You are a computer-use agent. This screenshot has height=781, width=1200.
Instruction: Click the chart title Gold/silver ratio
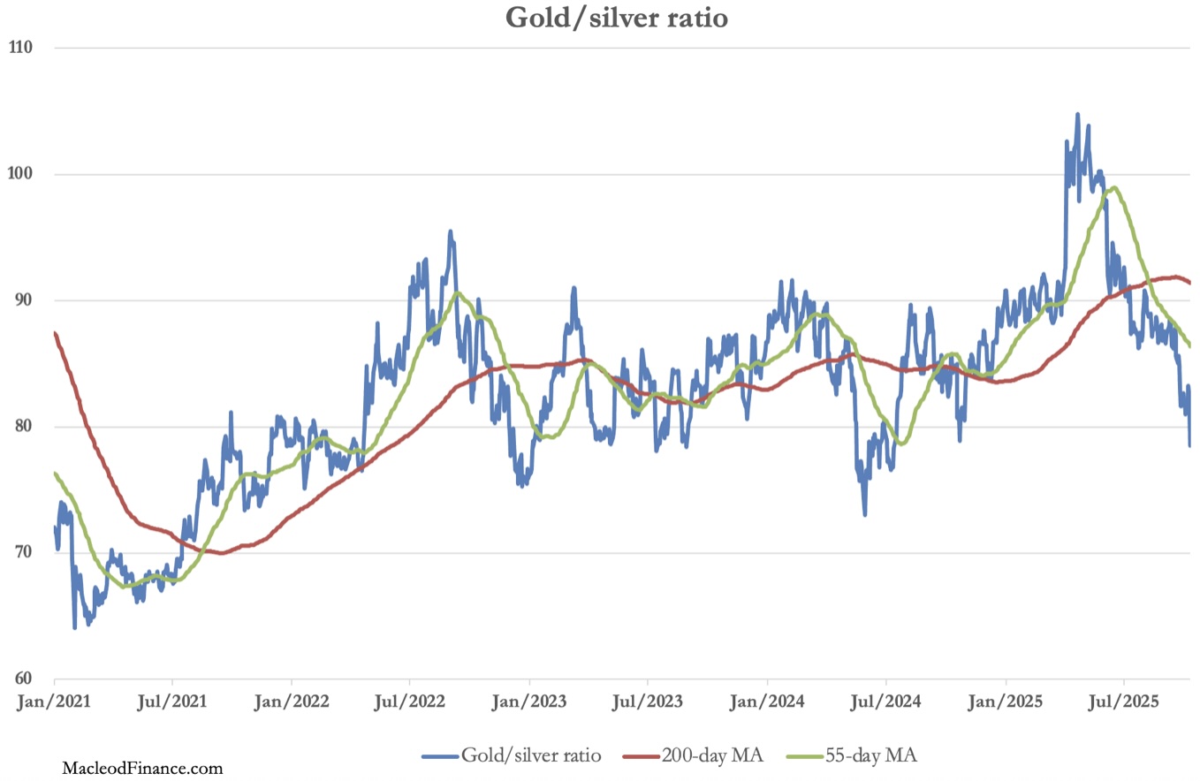(616, 18)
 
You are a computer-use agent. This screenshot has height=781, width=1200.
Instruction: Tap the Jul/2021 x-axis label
(172, 703)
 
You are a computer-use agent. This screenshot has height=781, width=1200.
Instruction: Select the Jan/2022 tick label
(292, 703)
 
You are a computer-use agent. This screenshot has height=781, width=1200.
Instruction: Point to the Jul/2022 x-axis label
(410, 703)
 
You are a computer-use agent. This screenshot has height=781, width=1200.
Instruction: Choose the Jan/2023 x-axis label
(529, 703)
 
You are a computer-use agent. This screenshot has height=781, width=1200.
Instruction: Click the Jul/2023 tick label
(648, 703)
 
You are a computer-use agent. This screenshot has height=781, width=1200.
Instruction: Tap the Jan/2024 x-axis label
(767, 703)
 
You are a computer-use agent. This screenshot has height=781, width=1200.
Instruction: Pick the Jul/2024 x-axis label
(885, 703)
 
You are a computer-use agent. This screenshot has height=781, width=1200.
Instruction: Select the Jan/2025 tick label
(1006, 703)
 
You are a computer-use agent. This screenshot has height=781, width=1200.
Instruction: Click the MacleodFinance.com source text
(142, 769)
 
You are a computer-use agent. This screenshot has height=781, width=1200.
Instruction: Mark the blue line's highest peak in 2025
(1077, 114)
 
